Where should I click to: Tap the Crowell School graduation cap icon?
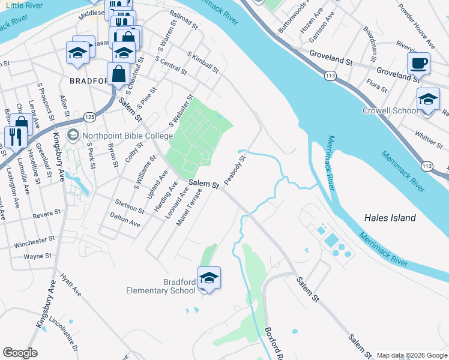click(428, 98)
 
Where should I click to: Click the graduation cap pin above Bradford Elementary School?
click(209, 278)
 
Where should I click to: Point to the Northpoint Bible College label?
click(119, 136)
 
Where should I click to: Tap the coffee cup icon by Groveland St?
click(418, 62)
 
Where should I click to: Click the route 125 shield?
click(89, 115)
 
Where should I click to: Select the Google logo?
click(20, 353)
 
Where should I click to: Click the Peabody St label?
click(235, 170)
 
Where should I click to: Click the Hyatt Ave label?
click(70, 285)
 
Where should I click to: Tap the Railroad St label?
click(184, 22)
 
